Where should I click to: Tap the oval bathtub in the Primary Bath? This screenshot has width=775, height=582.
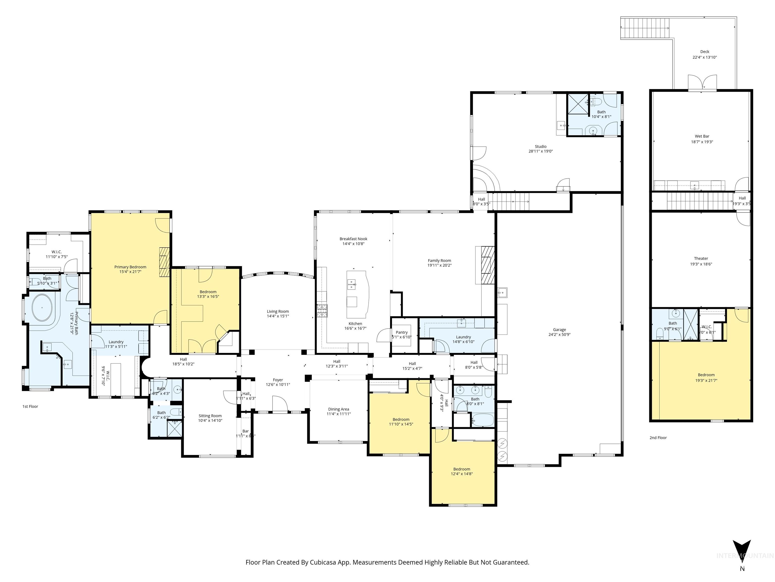[42, 308]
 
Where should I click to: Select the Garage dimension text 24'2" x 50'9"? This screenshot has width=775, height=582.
[559, 334]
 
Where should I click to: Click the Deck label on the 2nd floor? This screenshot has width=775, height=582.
[705, 52]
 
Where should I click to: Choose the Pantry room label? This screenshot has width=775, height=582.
[402, 332]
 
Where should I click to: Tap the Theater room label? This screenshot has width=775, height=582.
[701, 259]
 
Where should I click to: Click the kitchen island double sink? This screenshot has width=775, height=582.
[351, 284]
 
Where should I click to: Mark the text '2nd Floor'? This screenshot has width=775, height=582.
[658, 438]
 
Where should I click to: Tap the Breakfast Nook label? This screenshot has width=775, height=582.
[353, 239]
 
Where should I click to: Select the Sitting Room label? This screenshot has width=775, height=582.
[210, 416]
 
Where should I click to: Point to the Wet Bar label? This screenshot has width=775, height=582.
[702, 136]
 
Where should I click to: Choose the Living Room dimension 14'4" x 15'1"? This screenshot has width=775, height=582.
[278, 316]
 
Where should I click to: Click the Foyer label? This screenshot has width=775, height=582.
[278, 380]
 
